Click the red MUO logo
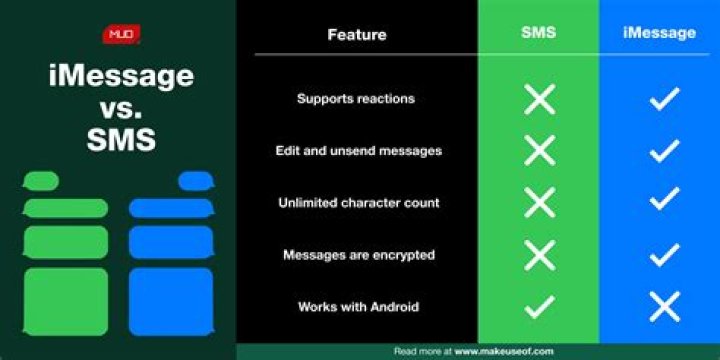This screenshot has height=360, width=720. (120, 36)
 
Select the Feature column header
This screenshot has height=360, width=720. (356, 35)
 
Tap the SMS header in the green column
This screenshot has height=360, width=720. (538, 33)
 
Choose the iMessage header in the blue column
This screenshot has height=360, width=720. (659, 33)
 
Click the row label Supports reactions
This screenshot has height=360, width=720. (356, 99)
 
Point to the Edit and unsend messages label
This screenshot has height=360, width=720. (358, 151)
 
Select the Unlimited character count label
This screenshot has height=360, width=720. (358, 203)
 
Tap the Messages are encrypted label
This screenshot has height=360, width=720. (358, 255)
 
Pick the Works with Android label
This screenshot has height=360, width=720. (358, 307)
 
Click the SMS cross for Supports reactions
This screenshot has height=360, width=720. (539, 99)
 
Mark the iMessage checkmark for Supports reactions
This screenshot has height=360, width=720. (664, 99)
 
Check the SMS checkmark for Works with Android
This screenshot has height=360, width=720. (539, 307)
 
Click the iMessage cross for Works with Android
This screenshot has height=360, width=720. (664, 307)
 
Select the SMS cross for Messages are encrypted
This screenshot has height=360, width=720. (539, 255)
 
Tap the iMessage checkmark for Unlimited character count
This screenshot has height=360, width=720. (664, 203)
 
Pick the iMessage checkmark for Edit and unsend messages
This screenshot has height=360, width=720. (664, 151)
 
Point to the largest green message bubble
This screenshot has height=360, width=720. (65, 301)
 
